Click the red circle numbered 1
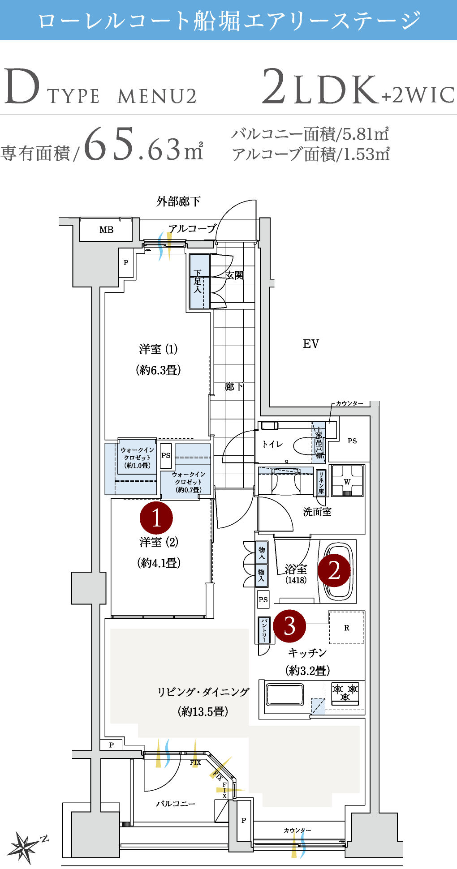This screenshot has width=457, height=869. tap(156, 518)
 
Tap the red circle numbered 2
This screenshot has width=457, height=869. tap(334, 570)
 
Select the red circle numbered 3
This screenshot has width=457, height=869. tap(289, 626)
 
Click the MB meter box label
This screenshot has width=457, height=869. tap(107, 230)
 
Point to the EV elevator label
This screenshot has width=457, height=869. tap(311, 344)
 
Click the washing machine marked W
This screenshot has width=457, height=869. tap(347, 481)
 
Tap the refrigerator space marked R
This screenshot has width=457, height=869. tap(346, 628)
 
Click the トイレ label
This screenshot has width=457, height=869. tap(272, 444)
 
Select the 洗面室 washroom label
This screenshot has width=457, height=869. tap(317, 512)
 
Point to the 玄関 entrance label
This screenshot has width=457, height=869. tap(234, 275)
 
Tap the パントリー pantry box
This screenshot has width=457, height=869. tap(264, 630)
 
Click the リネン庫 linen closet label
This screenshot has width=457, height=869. tap(321, 483)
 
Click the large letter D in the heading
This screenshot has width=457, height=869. tap(22, 86)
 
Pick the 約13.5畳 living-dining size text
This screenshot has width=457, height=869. tap(203, 711)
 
